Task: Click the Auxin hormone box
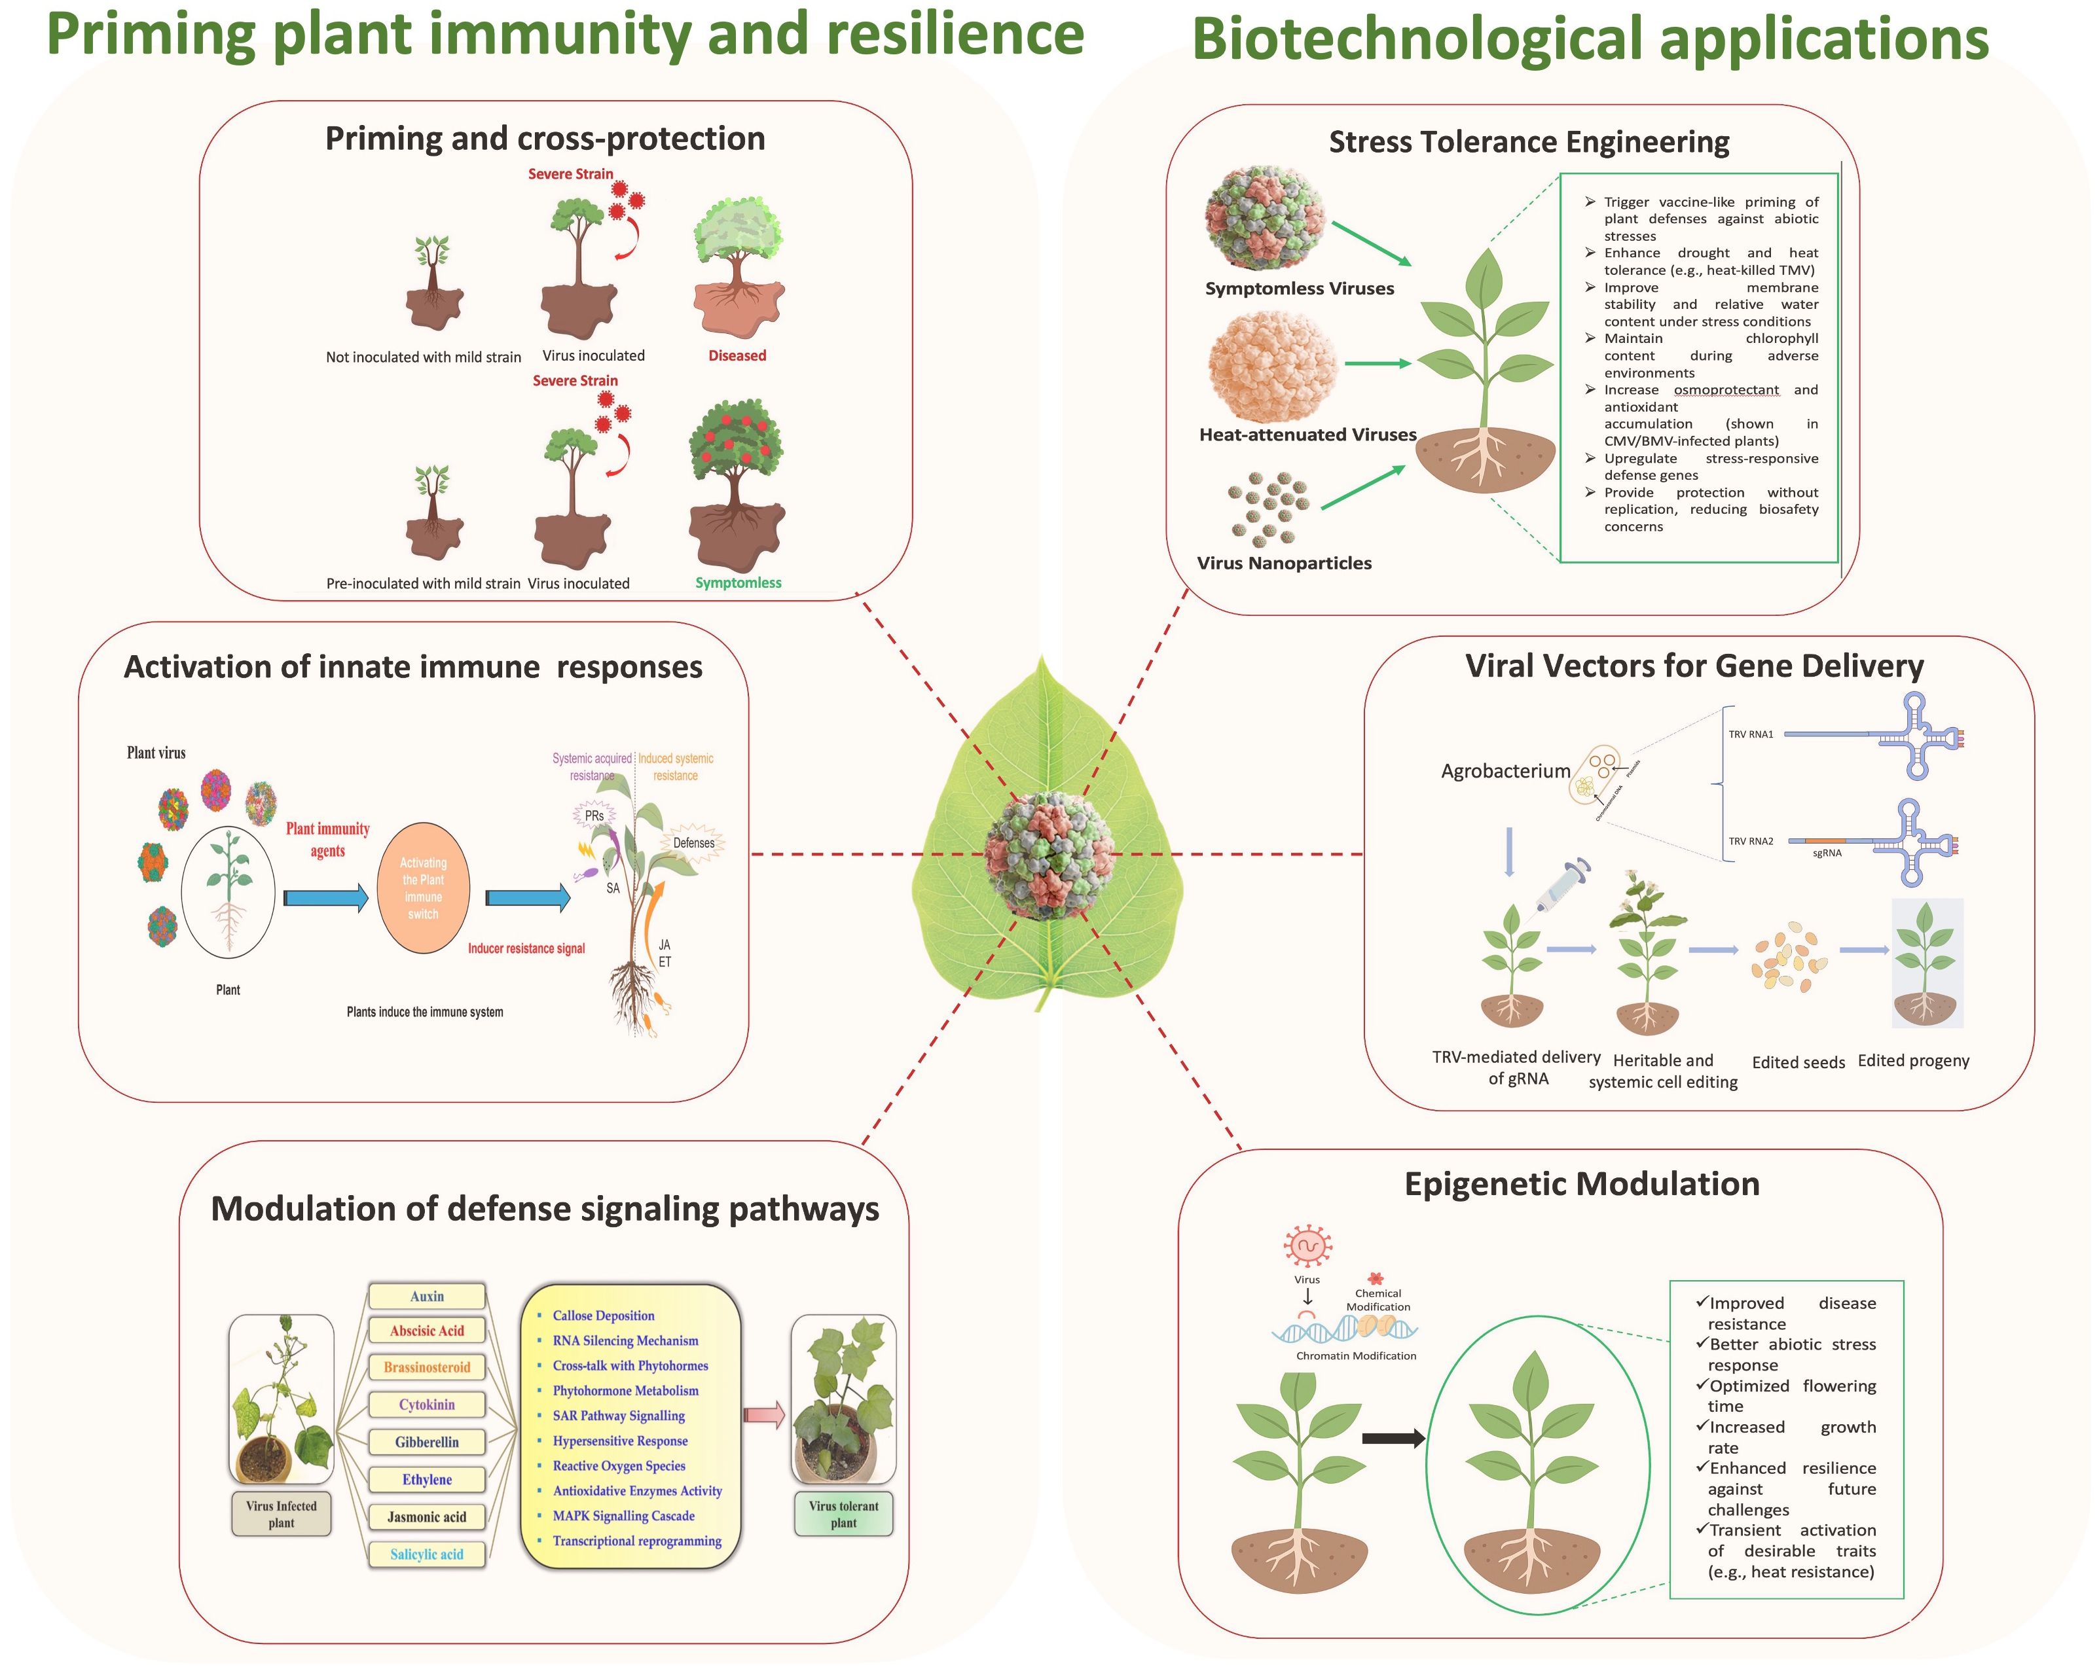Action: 426,1297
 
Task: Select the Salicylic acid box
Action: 426,1554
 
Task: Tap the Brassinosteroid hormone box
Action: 426,1367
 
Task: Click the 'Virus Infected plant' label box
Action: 282,1515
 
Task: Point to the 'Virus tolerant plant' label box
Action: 843,1515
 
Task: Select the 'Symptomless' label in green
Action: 738,583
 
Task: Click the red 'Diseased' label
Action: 737,356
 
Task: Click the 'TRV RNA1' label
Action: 1751,735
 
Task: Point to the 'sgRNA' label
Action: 1827,853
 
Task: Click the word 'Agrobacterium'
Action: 1505,772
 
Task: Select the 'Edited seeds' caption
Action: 1798,1063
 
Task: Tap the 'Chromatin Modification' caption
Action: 1356,1355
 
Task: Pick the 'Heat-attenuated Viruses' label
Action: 1307,435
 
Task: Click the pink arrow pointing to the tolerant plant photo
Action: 764,1415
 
